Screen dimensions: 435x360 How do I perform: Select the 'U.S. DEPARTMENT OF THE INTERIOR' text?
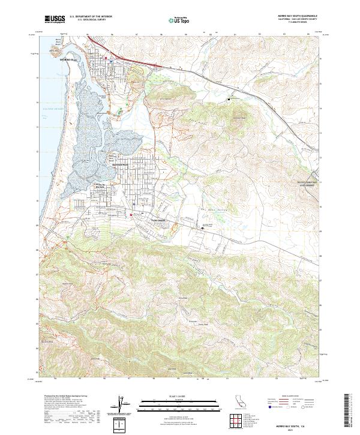point(91,17)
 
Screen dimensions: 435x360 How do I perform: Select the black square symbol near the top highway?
point(228,98)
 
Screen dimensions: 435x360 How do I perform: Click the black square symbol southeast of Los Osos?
point(202,228)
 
